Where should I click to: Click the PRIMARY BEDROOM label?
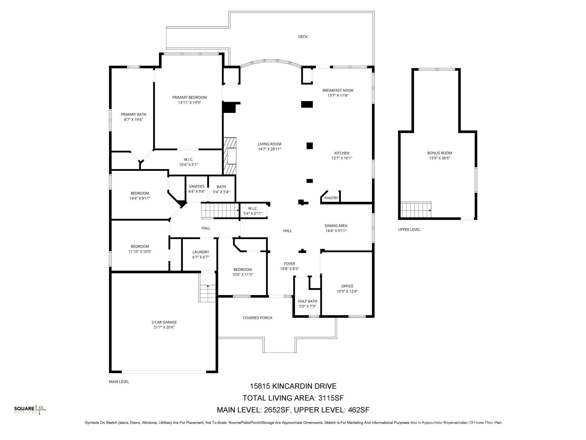[189, 97]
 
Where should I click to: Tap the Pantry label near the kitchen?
[331, 198]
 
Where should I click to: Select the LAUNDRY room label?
[201, 252]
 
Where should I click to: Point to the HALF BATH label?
[308, 301]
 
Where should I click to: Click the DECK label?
[303, 37]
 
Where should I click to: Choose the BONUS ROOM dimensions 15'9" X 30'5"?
[439, 158]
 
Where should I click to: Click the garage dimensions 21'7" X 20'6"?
[164, 327]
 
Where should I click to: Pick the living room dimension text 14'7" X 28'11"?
[270, 149]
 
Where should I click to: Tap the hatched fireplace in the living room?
[230, 156]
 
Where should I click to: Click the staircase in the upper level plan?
[416, 210]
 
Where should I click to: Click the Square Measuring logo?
[30, 410]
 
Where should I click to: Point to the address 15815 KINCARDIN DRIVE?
[293, 386]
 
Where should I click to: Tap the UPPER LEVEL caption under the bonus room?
[409, 230]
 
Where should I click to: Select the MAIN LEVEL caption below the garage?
[119, 382]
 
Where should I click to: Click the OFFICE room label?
[347, 286]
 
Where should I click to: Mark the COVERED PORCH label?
[258, 318]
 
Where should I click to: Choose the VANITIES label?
[197, 186]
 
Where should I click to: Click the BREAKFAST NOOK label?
[338, 91]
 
